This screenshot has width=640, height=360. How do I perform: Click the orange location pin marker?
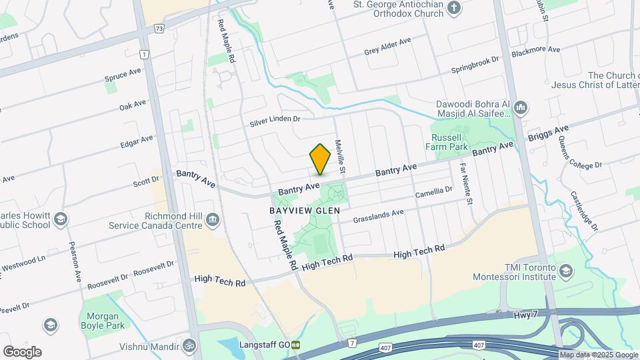(x=321, y=159)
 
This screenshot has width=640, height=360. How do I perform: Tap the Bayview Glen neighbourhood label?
(x=305, y=210)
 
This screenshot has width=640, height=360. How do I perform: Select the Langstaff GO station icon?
(x=295, y=345)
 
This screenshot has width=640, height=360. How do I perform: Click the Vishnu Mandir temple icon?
(x=189, y=346)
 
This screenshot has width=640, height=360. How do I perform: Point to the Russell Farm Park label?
(x=447, y=141)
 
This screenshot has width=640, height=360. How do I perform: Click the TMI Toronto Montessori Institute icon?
(x=566, y=271)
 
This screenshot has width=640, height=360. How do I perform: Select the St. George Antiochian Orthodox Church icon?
(x=454, y=9)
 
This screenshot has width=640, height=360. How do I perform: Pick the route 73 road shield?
(x=158, y=29)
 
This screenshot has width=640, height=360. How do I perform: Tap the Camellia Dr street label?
(x=433, y=192)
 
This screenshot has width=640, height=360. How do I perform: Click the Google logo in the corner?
(x=22, y=351)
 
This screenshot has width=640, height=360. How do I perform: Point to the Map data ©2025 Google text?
(x=598, y=355)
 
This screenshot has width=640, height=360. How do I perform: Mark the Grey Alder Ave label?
(x=387, y=47)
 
